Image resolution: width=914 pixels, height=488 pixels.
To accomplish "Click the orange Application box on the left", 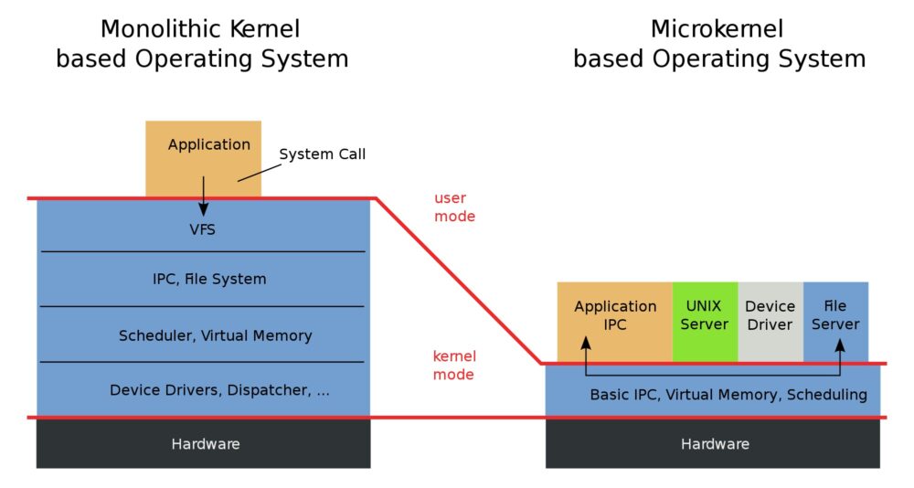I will point(203,146).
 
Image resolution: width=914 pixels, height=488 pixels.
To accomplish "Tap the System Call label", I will point(322,154).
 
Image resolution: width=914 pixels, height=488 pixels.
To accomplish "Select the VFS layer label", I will point(202,229).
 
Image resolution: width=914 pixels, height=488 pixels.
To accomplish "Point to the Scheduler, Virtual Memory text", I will point(215,335).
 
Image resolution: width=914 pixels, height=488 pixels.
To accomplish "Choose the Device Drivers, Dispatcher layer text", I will point(219,390).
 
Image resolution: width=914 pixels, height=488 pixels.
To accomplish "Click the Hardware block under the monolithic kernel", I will point(205,444).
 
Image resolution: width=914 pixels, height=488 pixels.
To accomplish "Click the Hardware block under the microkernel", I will point(714,444).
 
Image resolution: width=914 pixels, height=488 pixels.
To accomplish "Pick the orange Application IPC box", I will point(614,316).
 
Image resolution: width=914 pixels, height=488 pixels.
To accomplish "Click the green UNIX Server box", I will point(704,316).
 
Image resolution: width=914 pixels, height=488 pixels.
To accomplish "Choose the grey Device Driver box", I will point(770,316).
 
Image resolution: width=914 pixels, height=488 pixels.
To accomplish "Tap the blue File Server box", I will point(835,316).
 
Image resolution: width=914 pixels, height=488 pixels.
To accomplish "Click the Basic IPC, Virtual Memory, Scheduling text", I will point(728,395).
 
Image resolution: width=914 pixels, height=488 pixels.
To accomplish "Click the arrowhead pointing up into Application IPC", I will point(585,344).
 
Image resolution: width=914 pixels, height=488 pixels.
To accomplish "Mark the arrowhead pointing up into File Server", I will point(840,344).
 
